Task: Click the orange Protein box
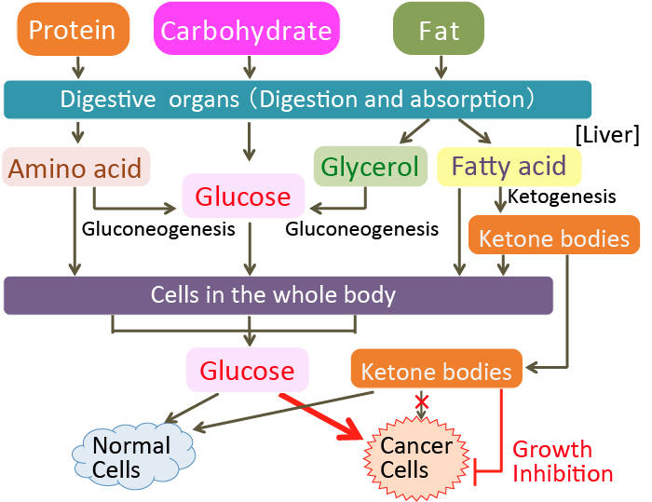click(x=72, y=30)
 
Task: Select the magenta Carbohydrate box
click(x=246, y=30)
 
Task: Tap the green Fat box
click(x=439, y=30)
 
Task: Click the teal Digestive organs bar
click(x=297, y=99)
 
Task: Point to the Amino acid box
click(x=76, y=168)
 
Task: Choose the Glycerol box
click(x=370, y=168)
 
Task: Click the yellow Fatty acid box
click(x=509, y=167)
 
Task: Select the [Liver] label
click(x=607, y=135)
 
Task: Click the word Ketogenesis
click(x=562, y=197)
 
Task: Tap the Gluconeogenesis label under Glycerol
click(x=361, y=228)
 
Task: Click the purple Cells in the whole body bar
click(x=278, y=295)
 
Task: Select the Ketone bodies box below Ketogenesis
click(x=554, y=238)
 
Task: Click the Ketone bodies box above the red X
click(x=436, y=372)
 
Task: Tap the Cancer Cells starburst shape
click(x=416, y=456)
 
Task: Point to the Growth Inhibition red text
click(x=563, y=462)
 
